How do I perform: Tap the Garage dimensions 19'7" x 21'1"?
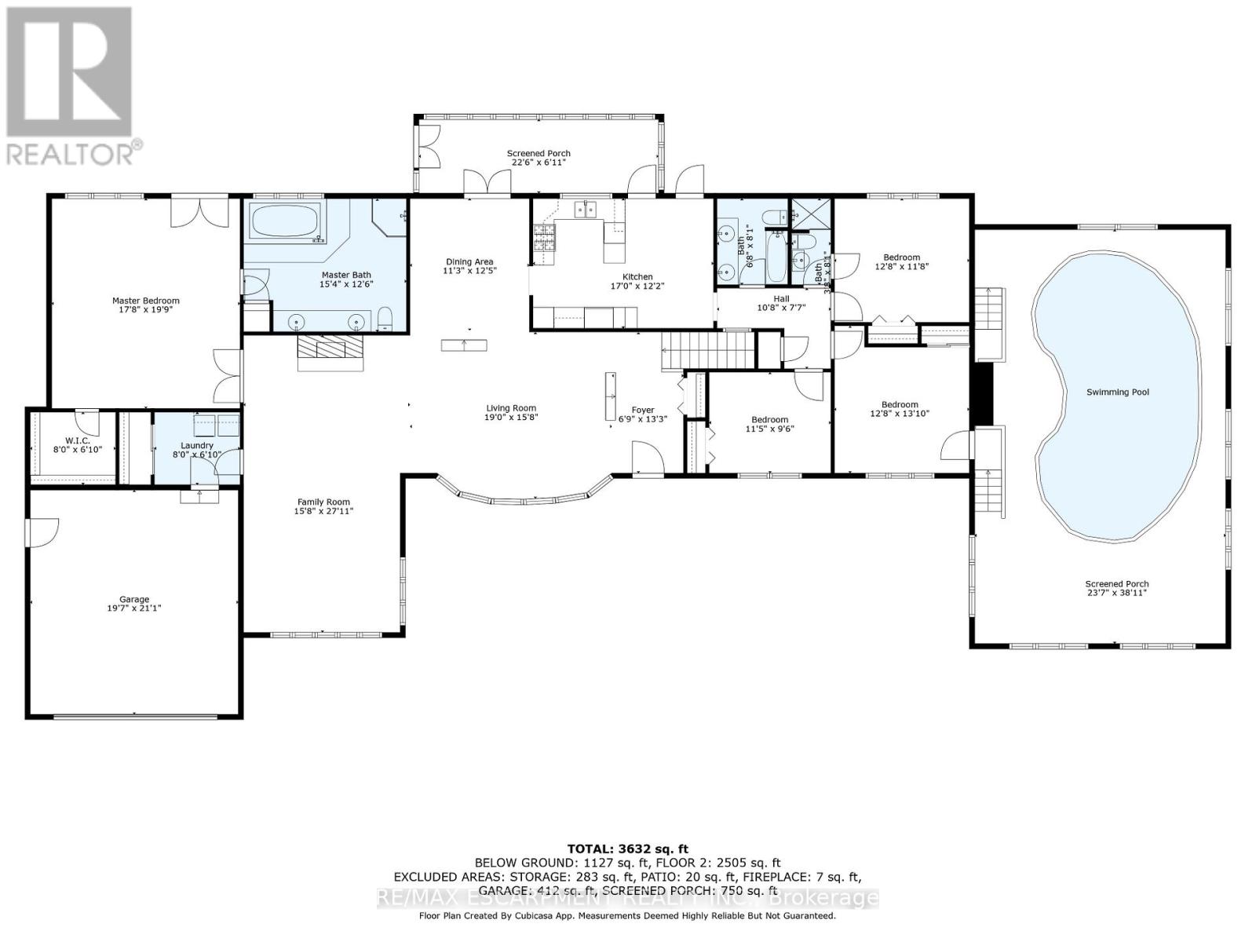point(134,608)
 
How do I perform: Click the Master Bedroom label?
point(145,301)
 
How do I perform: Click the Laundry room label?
point(196,445)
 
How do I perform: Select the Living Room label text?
point(510,408)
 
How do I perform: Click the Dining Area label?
point(469,262)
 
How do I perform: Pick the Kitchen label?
point(637,277)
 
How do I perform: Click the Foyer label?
point(642,410)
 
